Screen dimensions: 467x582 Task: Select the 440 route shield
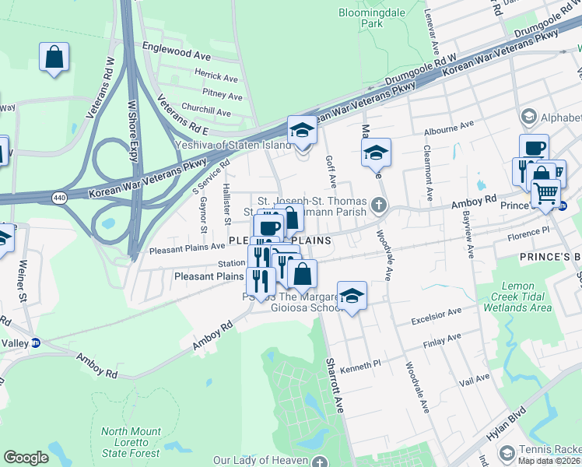coord(59,198)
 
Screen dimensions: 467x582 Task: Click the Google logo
coord(26,458)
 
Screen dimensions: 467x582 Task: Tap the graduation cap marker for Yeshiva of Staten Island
coord(302,131)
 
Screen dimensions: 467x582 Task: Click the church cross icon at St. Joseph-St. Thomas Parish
coord(378,205)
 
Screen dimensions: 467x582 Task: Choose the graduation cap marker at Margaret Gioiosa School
coord(352,297)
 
